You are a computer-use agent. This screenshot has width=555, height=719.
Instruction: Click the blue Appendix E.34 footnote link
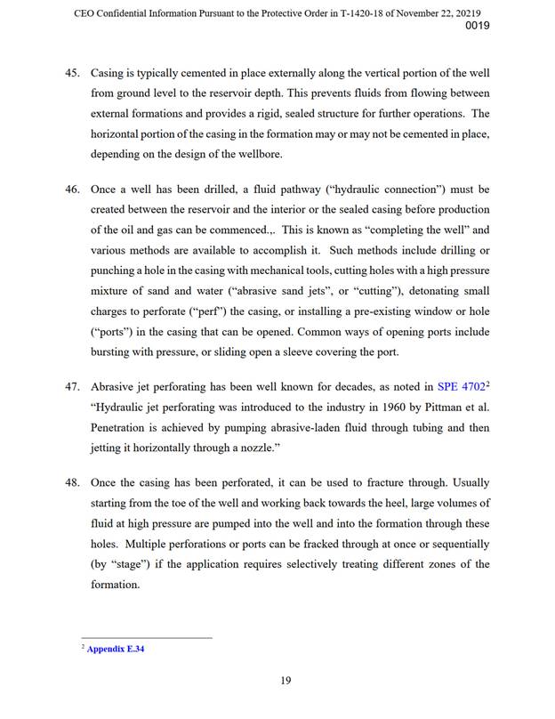coord(115,650)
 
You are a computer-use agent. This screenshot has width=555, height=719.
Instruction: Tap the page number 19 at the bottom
coord(286,681)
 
